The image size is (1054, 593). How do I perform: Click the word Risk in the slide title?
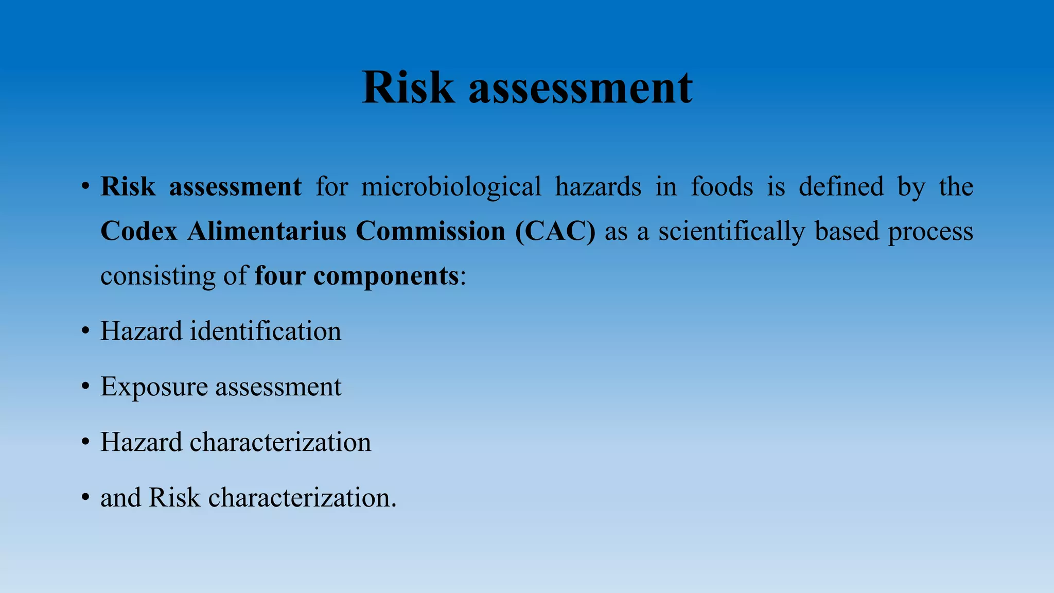[x=408, y=88]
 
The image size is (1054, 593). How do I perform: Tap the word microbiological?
[x=451, y=186]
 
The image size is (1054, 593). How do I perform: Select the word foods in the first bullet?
[x=722, y=186]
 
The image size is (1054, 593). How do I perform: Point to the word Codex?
[x=139, y=231]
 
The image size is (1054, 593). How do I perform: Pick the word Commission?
[x=430, y=231]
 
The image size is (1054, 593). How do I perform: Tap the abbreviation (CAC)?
[x=556, y=231]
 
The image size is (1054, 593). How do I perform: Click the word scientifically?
[x=731, y=231]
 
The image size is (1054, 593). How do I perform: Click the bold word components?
[x=386, y=276]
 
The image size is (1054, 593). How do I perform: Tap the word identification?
[x=266, y=331]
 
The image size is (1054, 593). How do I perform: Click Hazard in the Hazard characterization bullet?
[x=141, y=442]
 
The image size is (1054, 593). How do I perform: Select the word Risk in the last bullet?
[x=174, y=498]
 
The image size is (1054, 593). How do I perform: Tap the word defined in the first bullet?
[x=841, y=186]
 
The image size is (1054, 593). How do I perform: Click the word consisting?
[x=157, y=276]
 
